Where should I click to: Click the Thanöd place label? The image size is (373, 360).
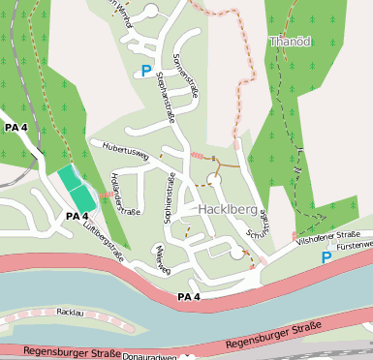pyautogui.click(x=289, y=43)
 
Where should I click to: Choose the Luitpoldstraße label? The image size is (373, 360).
pyautogui.click(x=104, y=238)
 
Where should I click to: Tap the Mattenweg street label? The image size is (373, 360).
pyautogui.click(x=162, y=256)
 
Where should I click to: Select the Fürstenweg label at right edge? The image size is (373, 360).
pyautogui.click(x=354, y=246)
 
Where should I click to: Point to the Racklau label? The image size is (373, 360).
pyautogui.click(x=71, y=313)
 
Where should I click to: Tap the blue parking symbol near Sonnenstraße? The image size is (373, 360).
pyautogui.click(x=146, y=71)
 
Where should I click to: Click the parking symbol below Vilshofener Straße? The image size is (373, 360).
pyautogui.click(x=326, y=258)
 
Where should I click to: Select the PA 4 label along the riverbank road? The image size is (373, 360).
pyautogui.click(x=188, y=296)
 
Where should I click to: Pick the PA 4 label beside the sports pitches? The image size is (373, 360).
pyautogui.click(x=78, y=216)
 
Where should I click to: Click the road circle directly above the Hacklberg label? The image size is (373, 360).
pyautogui.click(x=213, y=179)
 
